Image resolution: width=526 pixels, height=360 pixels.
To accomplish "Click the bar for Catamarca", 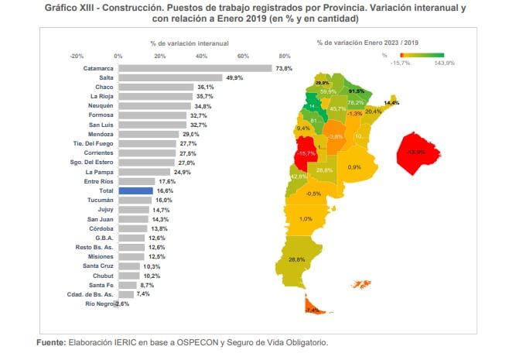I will (194, 68).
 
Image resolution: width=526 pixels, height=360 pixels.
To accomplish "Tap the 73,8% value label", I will (285, 68).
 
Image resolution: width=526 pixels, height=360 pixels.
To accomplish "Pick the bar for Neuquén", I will (154, 105).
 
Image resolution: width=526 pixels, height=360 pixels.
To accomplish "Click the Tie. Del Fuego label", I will (93, 143).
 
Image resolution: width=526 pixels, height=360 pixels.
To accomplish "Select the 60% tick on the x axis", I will (243, 57).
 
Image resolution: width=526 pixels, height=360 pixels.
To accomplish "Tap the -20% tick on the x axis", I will (77, 57).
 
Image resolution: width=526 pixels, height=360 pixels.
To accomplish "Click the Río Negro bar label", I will (100, 304).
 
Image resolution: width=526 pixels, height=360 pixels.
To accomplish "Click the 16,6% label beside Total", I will (162, 190).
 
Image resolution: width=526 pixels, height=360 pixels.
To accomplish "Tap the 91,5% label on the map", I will (357, 91).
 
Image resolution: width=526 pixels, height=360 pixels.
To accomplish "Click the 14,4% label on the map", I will (392, 103).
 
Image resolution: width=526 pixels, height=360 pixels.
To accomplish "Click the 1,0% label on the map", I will (306, 219).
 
